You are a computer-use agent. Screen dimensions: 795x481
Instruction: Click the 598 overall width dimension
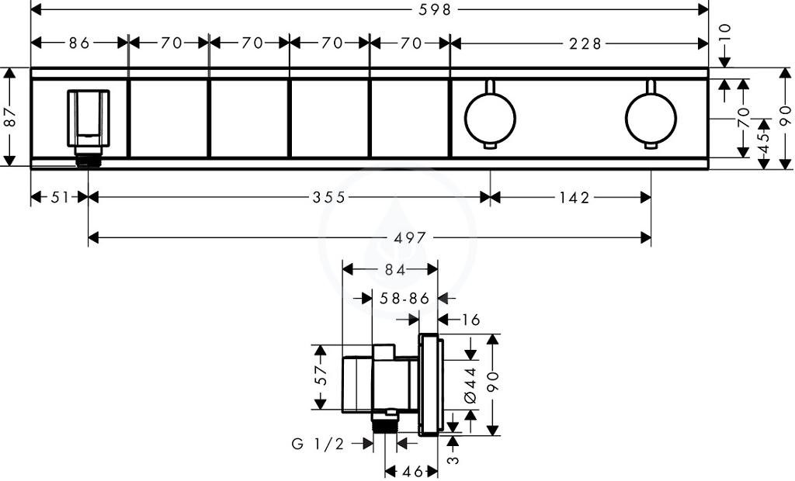(435, 9)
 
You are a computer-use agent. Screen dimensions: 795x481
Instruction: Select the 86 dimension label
(80, 43)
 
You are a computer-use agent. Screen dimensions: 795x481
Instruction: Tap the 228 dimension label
(585, 43)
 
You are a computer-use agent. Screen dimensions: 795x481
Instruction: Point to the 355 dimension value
(329, 196)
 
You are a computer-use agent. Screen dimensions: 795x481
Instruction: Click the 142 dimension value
(575, 197)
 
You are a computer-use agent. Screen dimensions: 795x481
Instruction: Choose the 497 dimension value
(410, 237)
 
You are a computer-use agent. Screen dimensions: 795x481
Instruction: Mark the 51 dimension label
(59, 196)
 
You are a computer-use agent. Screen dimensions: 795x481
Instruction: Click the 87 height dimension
(9, 117)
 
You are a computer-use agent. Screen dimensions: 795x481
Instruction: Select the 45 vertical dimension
(763, 141)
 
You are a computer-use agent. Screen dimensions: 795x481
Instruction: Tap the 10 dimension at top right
(726, 33)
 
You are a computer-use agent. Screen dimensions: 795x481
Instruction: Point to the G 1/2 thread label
(318, 444)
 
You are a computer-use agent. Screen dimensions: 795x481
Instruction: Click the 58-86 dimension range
(404, 299)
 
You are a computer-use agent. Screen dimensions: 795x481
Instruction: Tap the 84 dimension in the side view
(394, 270)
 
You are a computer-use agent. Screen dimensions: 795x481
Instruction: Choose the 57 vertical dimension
(321, 375)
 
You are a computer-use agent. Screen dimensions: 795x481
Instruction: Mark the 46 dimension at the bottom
(412, 472)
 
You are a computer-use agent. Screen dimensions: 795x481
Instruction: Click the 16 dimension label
(470, 320)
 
